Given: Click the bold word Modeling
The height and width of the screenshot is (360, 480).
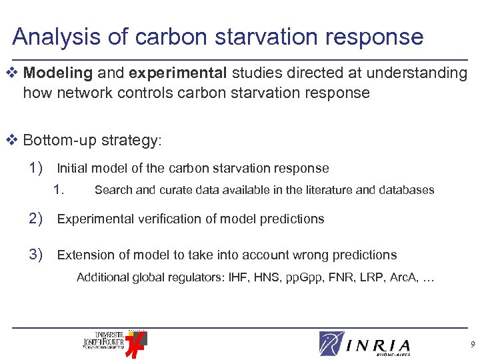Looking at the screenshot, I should [x=57, y=73].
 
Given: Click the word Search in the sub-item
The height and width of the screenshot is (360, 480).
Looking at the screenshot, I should [x=113, y=190].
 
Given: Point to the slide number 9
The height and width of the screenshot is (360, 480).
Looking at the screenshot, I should [x=471, y=345].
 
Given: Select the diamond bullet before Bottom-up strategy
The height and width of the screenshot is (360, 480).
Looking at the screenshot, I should [x=15, y=141].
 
